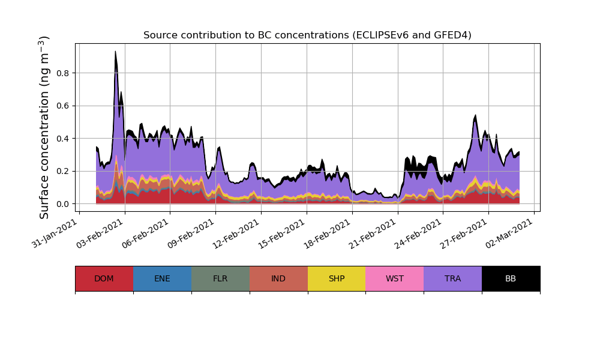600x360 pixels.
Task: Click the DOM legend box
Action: pyautogui.click(x=104, y=278)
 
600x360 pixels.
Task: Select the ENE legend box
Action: pyautogui.click(x=162, y=278)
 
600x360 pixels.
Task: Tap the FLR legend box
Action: pyautogui.click(x=220, y=278)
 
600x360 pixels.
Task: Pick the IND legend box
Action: pyautogui.click(x=278, y=278)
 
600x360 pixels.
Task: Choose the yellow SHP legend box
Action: pyautogui.click(x=337, y=278)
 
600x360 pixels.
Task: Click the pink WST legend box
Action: pyautogui.click(x=395, y=278)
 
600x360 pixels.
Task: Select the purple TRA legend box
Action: pyautogui.click(x=453, y=278)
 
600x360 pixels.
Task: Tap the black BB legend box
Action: pyautogui.click(x=511, y=278)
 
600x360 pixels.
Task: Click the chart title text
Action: pyautogui.click(x=307, y=35)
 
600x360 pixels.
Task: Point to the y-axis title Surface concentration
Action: pyautogui.click(x=44, y=127)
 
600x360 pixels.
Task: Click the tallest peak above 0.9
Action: pyautogui.click(x=115, y=52)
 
